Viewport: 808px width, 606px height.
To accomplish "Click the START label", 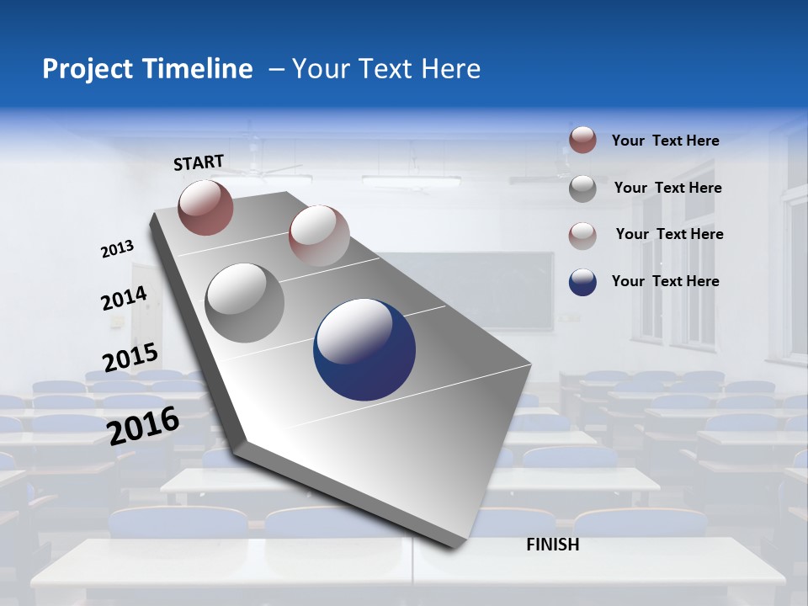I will (199, 162).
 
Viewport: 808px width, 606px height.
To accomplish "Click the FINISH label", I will (552, 545).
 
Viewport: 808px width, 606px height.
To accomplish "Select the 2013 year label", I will (118, 249).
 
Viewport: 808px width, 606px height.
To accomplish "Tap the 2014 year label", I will (124, 298).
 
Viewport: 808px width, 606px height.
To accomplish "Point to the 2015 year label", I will (130, 358).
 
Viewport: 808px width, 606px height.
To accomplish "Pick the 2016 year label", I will (143, 425).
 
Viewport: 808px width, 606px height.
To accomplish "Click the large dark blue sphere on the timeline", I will (364, 349).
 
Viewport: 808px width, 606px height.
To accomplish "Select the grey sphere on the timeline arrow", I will (244, 303).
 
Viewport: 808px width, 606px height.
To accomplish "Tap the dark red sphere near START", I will (205, 207).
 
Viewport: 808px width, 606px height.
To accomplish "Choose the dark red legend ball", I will (582, 141).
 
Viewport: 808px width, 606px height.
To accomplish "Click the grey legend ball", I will (582, 189).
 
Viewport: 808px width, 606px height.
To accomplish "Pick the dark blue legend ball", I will (582, 282).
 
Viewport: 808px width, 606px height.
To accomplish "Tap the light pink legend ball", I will (582, 235).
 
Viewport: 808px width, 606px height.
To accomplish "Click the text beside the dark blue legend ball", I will (665, 281).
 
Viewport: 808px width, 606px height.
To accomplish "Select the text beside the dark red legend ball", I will (665, 141).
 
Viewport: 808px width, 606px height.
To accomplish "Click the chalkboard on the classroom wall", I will (471, 286).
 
